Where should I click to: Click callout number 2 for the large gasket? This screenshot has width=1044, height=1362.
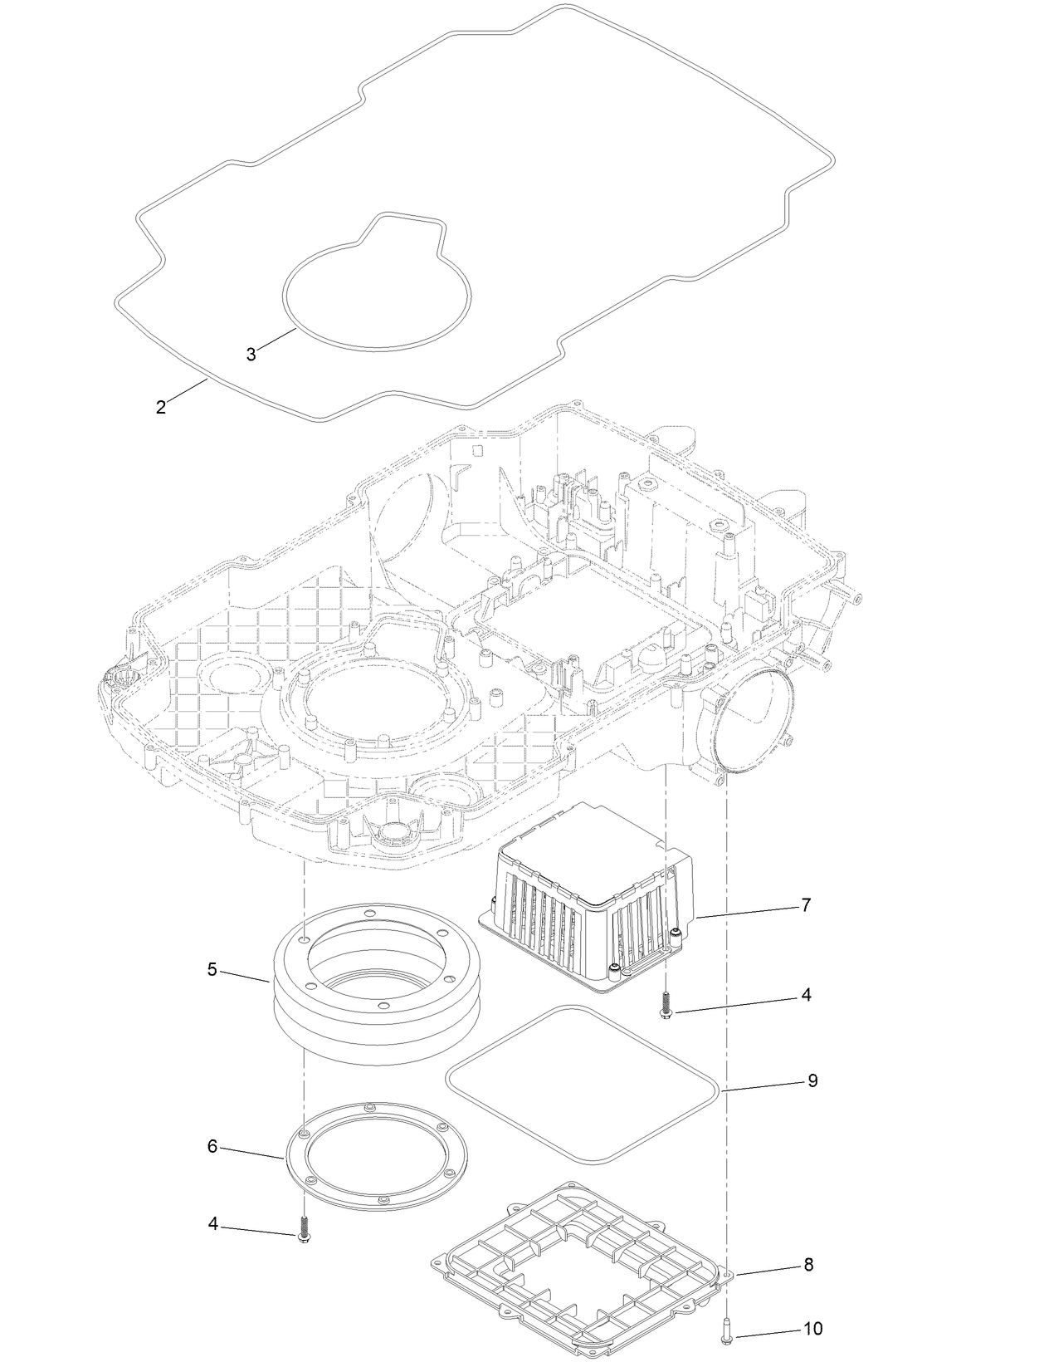click(x=161, y=408)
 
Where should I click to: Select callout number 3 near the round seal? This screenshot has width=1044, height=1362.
click(x=251, y=355)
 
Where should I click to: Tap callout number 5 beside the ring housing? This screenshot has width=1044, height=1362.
click(x=212, y=969)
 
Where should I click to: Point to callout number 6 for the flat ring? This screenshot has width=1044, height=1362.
click(x=212, y=1147)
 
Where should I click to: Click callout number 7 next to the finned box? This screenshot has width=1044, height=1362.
click(x=805, y=905)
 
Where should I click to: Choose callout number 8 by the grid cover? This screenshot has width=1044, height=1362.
click(x=807, y=1265)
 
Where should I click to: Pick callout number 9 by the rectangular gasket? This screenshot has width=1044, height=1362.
click(x=812, y=1080)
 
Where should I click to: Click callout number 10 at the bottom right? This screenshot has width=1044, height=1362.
click(x=812, y=1329)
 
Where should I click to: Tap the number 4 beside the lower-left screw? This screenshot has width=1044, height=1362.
click(x=213, y=1224)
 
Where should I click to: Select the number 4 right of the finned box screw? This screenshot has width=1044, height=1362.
click(x=806, y=995)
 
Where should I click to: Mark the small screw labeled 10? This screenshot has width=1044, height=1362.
click(x=727, y=1328)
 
